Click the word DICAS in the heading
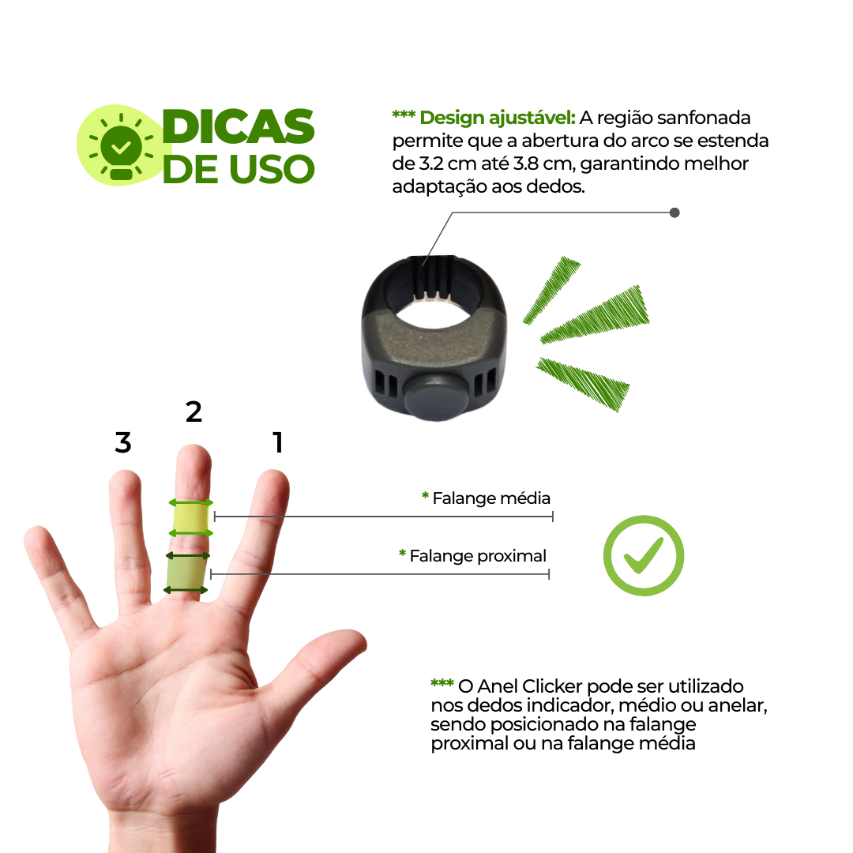coord(239,126)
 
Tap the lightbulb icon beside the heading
coord(122,147)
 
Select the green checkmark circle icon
coord(644,555)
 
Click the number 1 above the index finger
coord(278,442)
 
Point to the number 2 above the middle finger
coord(194,411)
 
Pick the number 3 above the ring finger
coord(123,442)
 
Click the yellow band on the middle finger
coord(190,518)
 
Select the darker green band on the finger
coord(186,573)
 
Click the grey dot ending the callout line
coord(675,212)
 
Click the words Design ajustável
coord(498,118)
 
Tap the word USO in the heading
coord(272,169)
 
